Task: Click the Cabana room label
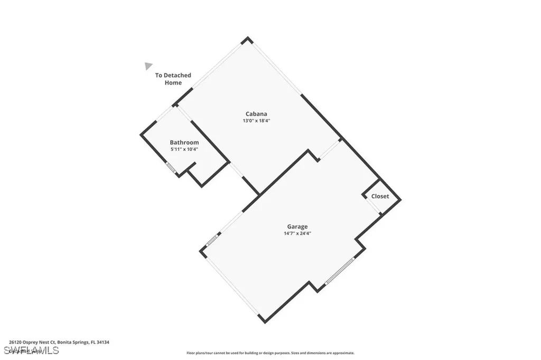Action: pos(256,113)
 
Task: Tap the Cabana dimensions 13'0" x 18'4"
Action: pos(256,121)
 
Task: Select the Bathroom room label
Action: pos(184,143)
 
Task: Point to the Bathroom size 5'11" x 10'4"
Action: pos(184,149)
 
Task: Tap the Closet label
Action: pos(380,196)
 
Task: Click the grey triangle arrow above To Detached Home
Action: pos(148,65)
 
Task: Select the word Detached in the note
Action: pos(178,75)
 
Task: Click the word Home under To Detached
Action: pos(173,83)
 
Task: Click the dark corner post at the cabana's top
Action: pos(245,40)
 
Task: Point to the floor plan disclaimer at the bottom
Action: pos(270,353)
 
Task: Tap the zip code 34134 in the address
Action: pos(103,342)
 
